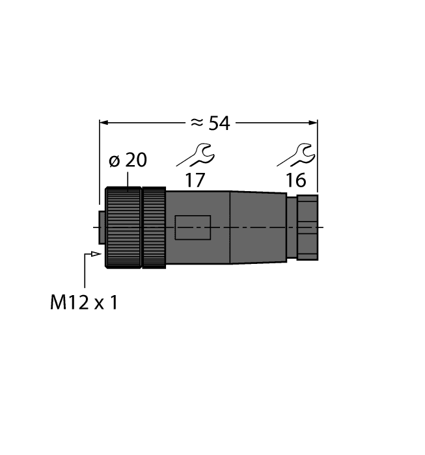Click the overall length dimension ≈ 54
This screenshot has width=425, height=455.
click(x=208, y=122)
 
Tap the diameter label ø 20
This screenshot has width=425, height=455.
click(x=128, y=161)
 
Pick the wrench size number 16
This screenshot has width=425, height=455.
click(x=297, y=180)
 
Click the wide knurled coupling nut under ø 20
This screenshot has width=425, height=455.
click(x=124, y=227)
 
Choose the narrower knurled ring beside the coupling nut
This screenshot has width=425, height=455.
click(x=154, y=227)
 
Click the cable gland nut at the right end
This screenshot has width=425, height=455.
click(x=307, y=227)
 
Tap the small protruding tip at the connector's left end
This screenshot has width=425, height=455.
click(x=102, y=227)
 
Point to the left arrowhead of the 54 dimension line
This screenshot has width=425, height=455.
click(x=103, y=122)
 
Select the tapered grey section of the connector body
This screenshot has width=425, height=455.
click(x=258, y=227)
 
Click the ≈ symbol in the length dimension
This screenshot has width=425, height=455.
click(x=195, y=123)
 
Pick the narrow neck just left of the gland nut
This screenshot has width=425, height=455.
click(x=292, y=227)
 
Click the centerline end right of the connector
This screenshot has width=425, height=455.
click(x=322, y=227)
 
